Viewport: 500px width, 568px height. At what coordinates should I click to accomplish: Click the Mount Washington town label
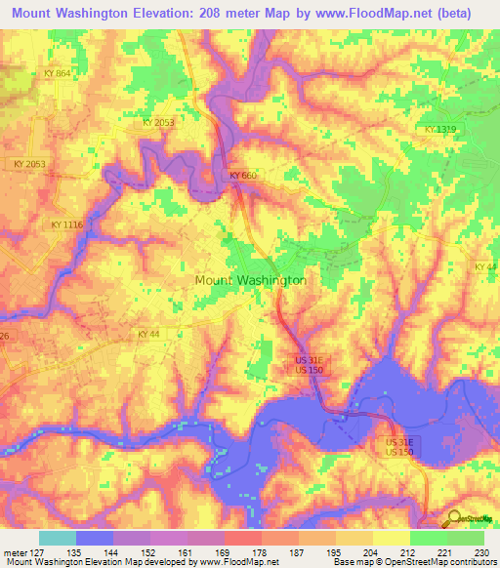pos(251,280)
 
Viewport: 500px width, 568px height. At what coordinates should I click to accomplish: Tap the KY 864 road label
pos(57,74)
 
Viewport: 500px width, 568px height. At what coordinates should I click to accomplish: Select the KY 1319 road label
pos(440,130)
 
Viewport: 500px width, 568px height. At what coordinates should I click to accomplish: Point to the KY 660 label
pos(243,176)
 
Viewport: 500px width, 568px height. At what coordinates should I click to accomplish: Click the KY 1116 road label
pos(67,224)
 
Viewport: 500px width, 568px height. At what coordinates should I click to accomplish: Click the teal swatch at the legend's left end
pos(58,538)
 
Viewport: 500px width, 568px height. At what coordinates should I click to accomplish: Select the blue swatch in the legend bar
pos(95,538)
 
